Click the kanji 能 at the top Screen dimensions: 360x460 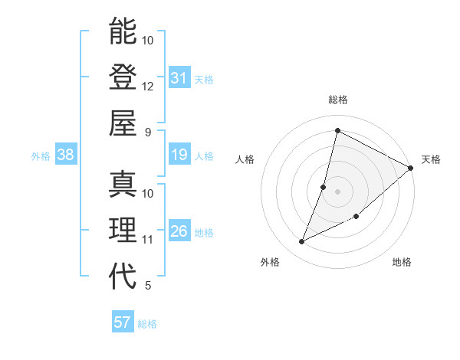coord(123,31)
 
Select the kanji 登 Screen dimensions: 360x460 coord(123,77)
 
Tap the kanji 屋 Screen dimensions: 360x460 coord(123,122)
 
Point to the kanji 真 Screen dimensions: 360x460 coord(123,185)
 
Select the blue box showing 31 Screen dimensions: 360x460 coord(179,78)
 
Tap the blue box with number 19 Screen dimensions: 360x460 coord(179,155)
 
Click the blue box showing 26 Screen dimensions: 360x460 coord(179,231)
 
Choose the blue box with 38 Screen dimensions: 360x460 coord(66,155)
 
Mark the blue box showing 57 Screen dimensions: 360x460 coord(123,322)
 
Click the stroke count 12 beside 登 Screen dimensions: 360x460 coord(148,86)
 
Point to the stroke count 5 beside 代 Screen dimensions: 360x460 coord(148,286)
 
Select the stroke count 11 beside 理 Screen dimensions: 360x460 coord(148,240)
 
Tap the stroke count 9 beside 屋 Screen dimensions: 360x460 coord(148,131)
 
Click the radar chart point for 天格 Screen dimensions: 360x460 coord(410,168)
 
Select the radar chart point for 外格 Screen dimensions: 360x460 coord(302,242)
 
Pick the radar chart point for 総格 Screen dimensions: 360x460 coord(337,130)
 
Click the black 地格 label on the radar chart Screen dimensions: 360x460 coord(402,262)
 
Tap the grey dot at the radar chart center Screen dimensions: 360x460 coord(337,191)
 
